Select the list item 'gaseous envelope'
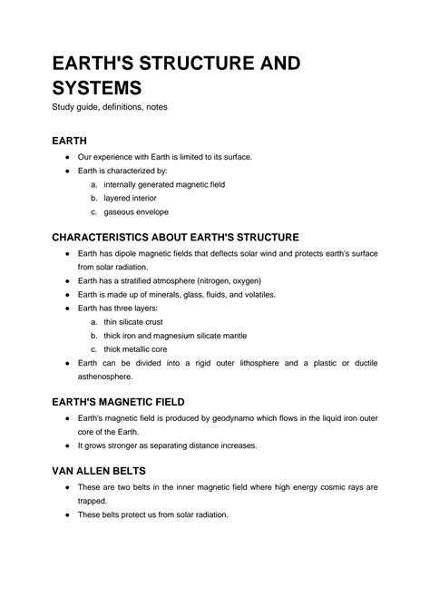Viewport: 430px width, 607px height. [136, 211]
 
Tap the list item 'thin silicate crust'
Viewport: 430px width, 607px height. [136, 321]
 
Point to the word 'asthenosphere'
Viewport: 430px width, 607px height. [105, 376]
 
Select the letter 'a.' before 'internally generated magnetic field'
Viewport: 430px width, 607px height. [93, 184]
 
